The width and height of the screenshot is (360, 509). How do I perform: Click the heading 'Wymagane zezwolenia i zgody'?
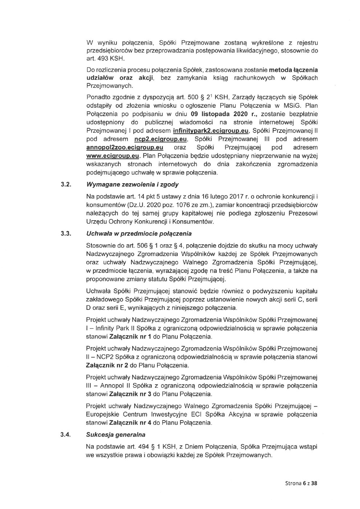pyautogui.click(x=132, y=185)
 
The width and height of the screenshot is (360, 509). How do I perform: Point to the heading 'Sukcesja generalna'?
pyautogui.click(x=115, y=434)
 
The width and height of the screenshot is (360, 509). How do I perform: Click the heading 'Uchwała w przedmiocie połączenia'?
pyautogui.click(x=139, y=233)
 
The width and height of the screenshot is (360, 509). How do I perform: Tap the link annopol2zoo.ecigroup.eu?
pyautogui.click(x=124, y=148)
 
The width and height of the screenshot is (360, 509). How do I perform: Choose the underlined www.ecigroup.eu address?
pyautogui.click(x=113, y=156)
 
